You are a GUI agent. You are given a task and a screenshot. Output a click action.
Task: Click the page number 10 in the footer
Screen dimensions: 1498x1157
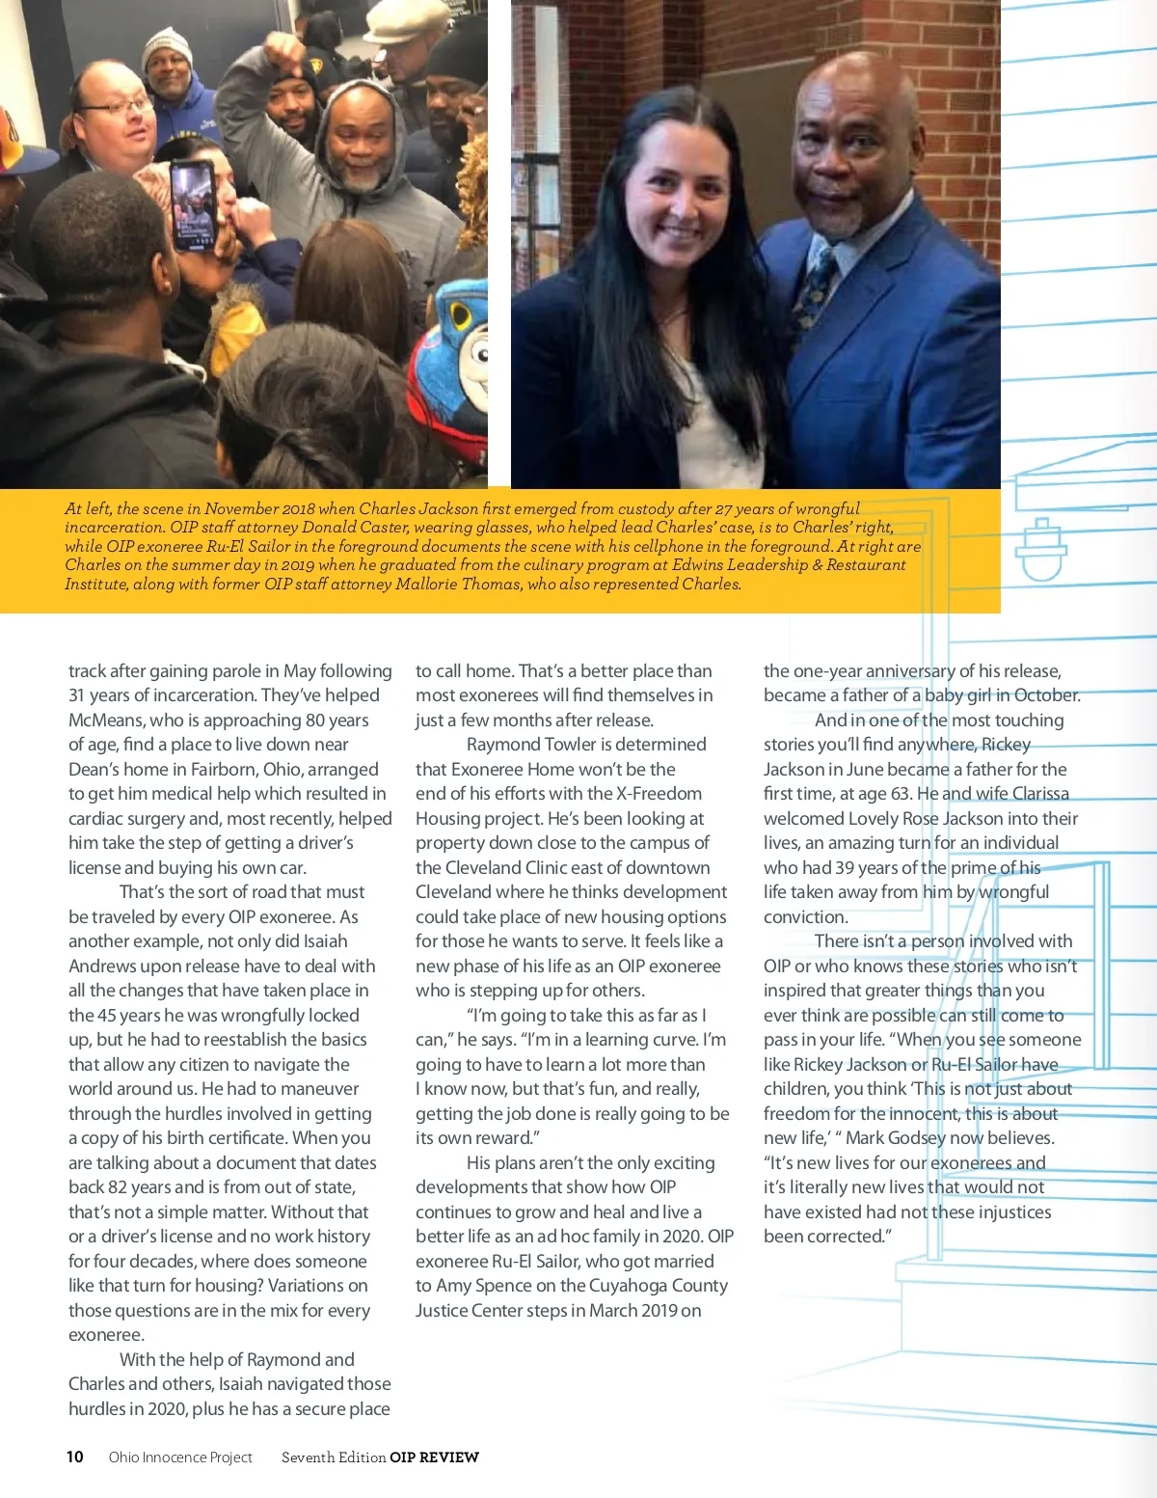pyautogui.click(x=75, y=1457)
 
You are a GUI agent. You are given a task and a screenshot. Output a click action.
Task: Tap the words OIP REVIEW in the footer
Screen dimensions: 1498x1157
pyautogui.click(x=434, y=1457)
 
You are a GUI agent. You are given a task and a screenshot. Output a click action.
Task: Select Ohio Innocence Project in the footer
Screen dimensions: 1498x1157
pyautogui.click(x=180, y=1457)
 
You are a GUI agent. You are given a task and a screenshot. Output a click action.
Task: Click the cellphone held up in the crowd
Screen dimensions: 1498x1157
pyautogui.click(x=193, y=205)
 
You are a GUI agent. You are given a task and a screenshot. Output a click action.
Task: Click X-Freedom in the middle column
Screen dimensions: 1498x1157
pyautogui.click(x=659, y=794)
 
